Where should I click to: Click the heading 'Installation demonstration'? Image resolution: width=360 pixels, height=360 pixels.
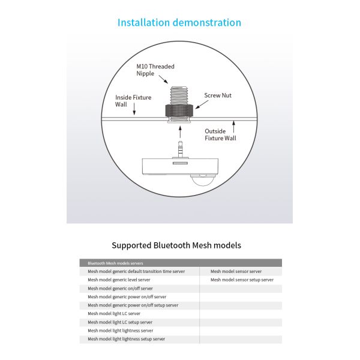pos(179,23)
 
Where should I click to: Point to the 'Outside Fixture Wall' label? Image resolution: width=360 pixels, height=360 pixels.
pos(220,134)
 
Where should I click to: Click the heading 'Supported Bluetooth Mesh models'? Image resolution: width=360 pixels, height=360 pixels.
pos(176,245)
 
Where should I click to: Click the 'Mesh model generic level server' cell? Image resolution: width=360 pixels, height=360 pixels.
pos(119,280)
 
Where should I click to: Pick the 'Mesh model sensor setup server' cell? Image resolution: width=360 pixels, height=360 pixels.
pos(242,280)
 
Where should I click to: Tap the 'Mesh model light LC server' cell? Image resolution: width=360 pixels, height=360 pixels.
pos(114,313)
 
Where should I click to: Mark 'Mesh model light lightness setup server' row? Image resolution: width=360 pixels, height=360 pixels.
pos(126,339)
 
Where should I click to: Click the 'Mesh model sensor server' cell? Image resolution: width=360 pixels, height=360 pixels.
pos(236,271)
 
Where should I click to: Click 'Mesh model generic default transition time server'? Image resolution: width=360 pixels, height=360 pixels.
pos(136,271)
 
